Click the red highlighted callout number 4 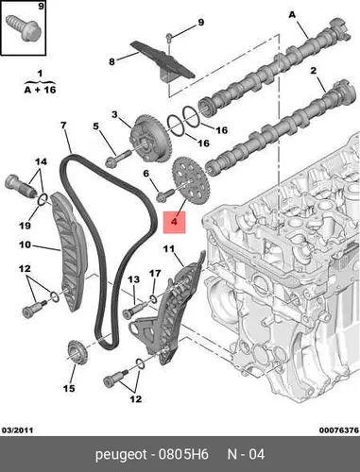pos(174,222)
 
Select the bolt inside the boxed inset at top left pos(23,27)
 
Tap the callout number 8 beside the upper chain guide pos(111,61)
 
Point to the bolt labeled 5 pos(119,159)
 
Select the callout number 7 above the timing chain pos(63,126)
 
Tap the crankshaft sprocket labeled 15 pos(77,351)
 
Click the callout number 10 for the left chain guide pos(26,244)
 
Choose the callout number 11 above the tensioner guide pos(169,249)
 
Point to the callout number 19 pos(26,226)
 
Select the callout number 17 pos(155,274)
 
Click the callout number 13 pos(133,279)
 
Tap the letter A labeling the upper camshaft pos(292,14)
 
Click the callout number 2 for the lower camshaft pos(313,71)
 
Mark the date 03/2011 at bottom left pos(18,430)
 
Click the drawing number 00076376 pos(339,430)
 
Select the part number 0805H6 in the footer pos(183,454)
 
